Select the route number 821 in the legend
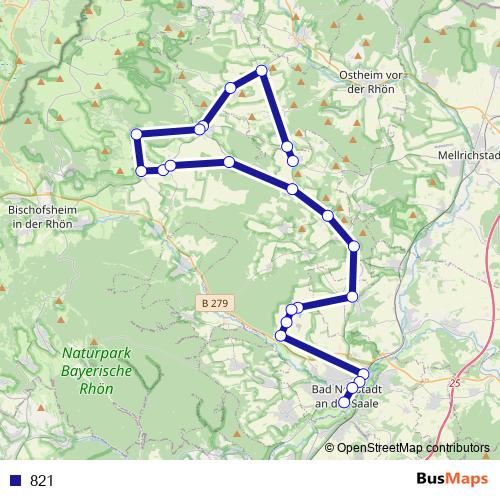42,480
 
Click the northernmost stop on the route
262,70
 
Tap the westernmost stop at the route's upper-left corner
136,134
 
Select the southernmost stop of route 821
345,403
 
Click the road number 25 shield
455,382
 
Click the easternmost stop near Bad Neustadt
363,374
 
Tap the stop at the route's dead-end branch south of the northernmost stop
293,160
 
